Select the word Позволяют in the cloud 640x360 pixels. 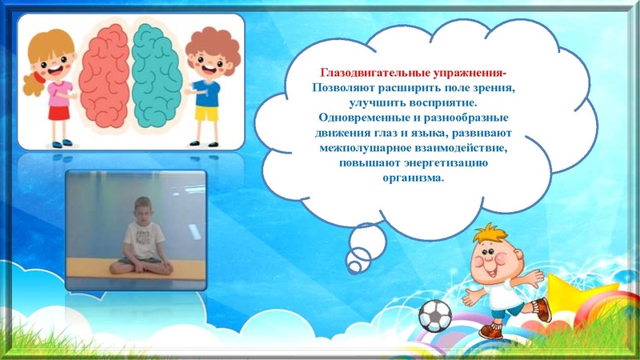click(x=342, y=86)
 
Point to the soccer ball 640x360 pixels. click(x=434, y=317)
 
